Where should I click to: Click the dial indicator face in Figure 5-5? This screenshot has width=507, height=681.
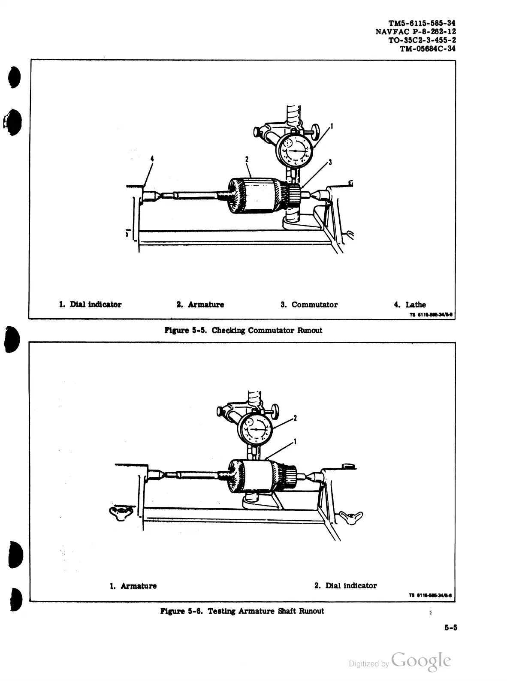tap(296, 151)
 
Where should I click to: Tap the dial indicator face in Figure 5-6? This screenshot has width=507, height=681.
tap(257, 429)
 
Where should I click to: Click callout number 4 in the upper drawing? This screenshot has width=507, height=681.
tap(152, 158)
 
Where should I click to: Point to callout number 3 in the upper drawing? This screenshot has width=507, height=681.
tap(330, 163)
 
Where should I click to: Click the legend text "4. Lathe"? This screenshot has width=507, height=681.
tap(410, 305)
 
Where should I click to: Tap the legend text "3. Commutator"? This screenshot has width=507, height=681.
tap(309, 305)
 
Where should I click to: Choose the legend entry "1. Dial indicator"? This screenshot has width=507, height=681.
tap(90, 305)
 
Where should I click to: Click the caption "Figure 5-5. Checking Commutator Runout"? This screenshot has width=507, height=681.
tap(243, 330)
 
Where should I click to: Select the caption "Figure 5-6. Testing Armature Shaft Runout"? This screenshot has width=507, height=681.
tap(242, 611)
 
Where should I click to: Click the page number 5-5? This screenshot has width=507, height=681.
tap(451, 628)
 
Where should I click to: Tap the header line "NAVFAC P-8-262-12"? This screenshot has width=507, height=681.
tap(415, 31)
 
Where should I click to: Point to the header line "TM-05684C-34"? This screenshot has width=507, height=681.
tap(427, 48)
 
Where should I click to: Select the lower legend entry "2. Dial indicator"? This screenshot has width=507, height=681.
tap(345, 586)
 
